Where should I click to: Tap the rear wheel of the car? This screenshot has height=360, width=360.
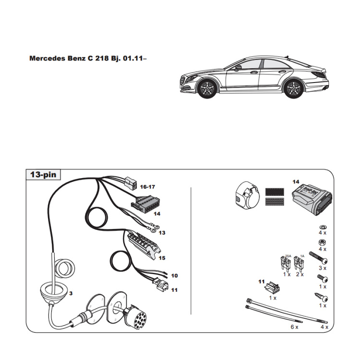(292, 88)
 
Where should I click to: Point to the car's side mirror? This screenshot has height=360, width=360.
(238, 68)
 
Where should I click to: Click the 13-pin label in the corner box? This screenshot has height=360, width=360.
(43, 175)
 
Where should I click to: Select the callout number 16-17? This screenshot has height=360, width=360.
(148, 187)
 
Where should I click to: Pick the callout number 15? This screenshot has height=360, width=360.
(161, 258)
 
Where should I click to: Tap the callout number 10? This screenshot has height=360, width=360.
(174, 276)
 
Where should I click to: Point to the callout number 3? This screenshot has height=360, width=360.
(71, 293)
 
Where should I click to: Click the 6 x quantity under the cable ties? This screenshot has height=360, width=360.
(295, 326)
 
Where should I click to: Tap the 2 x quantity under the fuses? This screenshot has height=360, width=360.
(300, 274)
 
